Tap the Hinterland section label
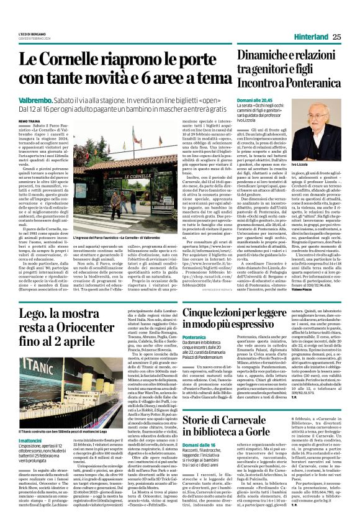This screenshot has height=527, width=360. click(311, 37)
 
